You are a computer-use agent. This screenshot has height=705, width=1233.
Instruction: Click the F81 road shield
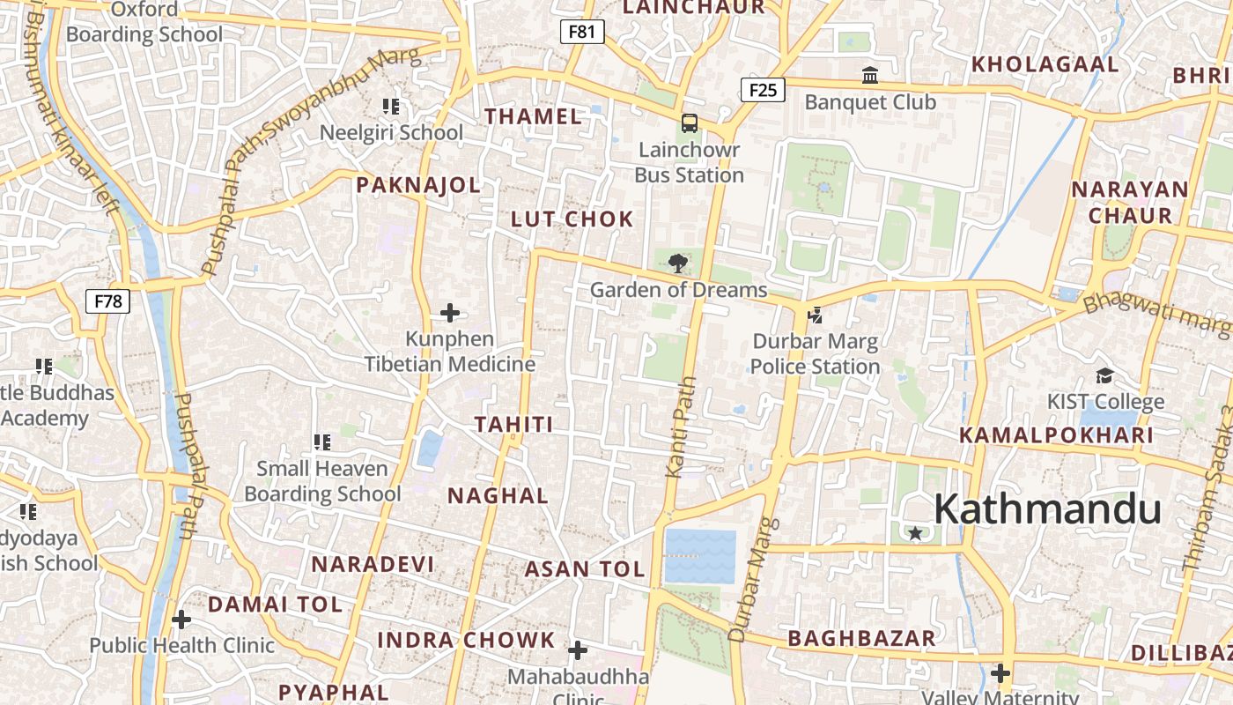point(582,32)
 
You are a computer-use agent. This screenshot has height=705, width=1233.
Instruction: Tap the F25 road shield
point(762,89)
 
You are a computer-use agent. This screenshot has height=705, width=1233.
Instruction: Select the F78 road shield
point(108,301)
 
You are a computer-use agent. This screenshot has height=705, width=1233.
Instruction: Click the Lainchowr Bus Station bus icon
point(690,123)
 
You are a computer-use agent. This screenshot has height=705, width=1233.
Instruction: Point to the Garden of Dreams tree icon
point(677,263)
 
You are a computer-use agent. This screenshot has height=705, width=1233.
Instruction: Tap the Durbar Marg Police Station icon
point(816,315)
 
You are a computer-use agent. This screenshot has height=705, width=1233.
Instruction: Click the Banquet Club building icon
point(870,76)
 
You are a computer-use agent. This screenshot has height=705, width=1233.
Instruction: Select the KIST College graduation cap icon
point(1104,376)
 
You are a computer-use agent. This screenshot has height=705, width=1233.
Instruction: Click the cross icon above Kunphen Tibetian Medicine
point(450,313)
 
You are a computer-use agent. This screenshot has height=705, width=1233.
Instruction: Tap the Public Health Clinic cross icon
point(181,620)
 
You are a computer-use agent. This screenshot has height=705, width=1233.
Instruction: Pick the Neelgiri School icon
point(391,107)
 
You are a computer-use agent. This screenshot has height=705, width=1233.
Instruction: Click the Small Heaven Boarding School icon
point(321,442)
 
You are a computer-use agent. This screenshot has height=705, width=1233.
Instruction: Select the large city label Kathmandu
point(1046,509)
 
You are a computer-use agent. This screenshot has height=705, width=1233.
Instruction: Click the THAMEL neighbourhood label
point(533,116)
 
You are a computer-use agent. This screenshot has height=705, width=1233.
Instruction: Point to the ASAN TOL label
point(585,569)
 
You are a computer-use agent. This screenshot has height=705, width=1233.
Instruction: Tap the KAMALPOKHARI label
point(1056,434)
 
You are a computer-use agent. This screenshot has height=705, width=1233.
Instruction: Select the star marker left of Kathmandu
point(915,533)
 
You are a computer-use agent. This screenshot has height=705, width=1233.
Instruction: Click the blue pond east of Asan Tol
point(700,556)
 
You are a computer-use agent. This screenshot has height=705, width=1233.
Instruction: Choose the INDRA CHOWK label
point(466,640)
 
